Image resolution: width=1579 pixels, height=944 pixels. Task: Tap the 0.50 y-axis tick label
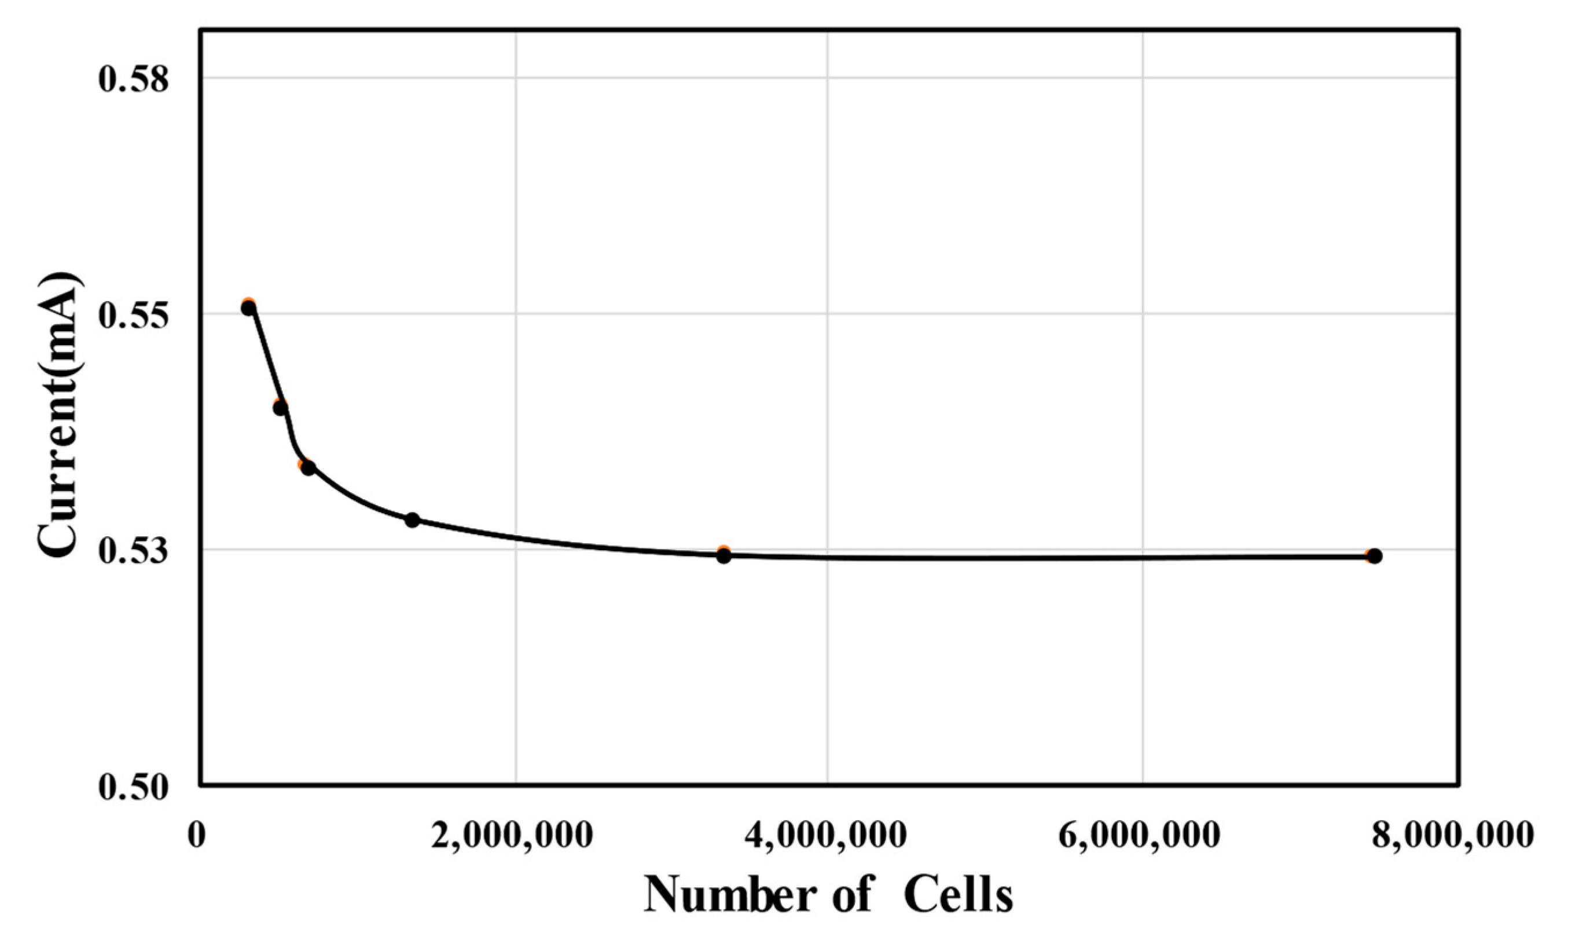click(x=135, y=786)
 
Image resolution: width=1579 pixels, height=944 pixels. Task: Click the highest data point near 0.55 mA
click(x=248, y=308)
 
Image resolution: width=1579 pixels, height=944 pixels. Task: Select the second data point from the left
click(x=280, y=408)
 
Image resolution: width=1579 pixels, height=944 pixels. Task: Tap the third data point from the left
click(x=309, y=468)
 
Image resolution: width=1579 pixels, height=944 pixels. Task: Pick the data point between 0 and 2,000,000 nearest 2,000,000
click(x=413, y=519)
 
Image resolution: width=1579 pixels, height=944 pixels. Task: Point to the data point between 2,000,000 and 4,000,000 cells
click(x=724, y=555)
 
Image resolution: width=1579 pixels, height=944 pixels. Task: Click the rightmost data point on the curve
click(x=1374, y=556)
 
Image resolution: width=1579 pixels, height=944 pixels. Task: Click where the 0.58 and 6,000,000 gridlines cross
click(x=1143, y=78)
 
